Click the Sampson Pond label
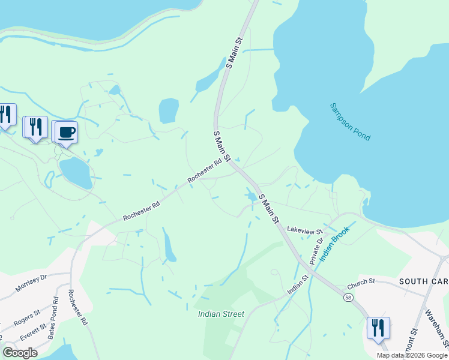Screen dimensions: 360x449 click(x=351, y=122)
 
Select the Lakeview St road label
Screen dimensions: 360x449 click(x=305, y=230)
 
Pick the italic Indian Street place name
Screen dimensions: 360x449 click(x=221, y=314)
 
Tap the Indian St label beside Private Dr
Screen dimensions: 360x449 click(x=297, y=284)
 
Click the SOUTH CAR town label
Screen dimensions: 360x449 click(x=423, y=281)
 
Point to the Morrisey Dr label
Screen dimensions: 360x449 click(x=31, y=283)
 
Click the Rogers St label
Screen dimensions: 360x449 click(x=27, y=316)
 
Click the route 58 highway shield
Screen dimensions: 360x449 click(x=348, y=298)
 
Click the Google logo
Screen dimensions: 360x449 click(x=20, y=353)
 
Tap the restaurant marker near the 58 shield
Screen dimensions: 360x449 click(x=378, y=328)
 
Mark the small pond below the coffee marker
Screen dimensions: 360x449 click(x=76, y=172)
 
